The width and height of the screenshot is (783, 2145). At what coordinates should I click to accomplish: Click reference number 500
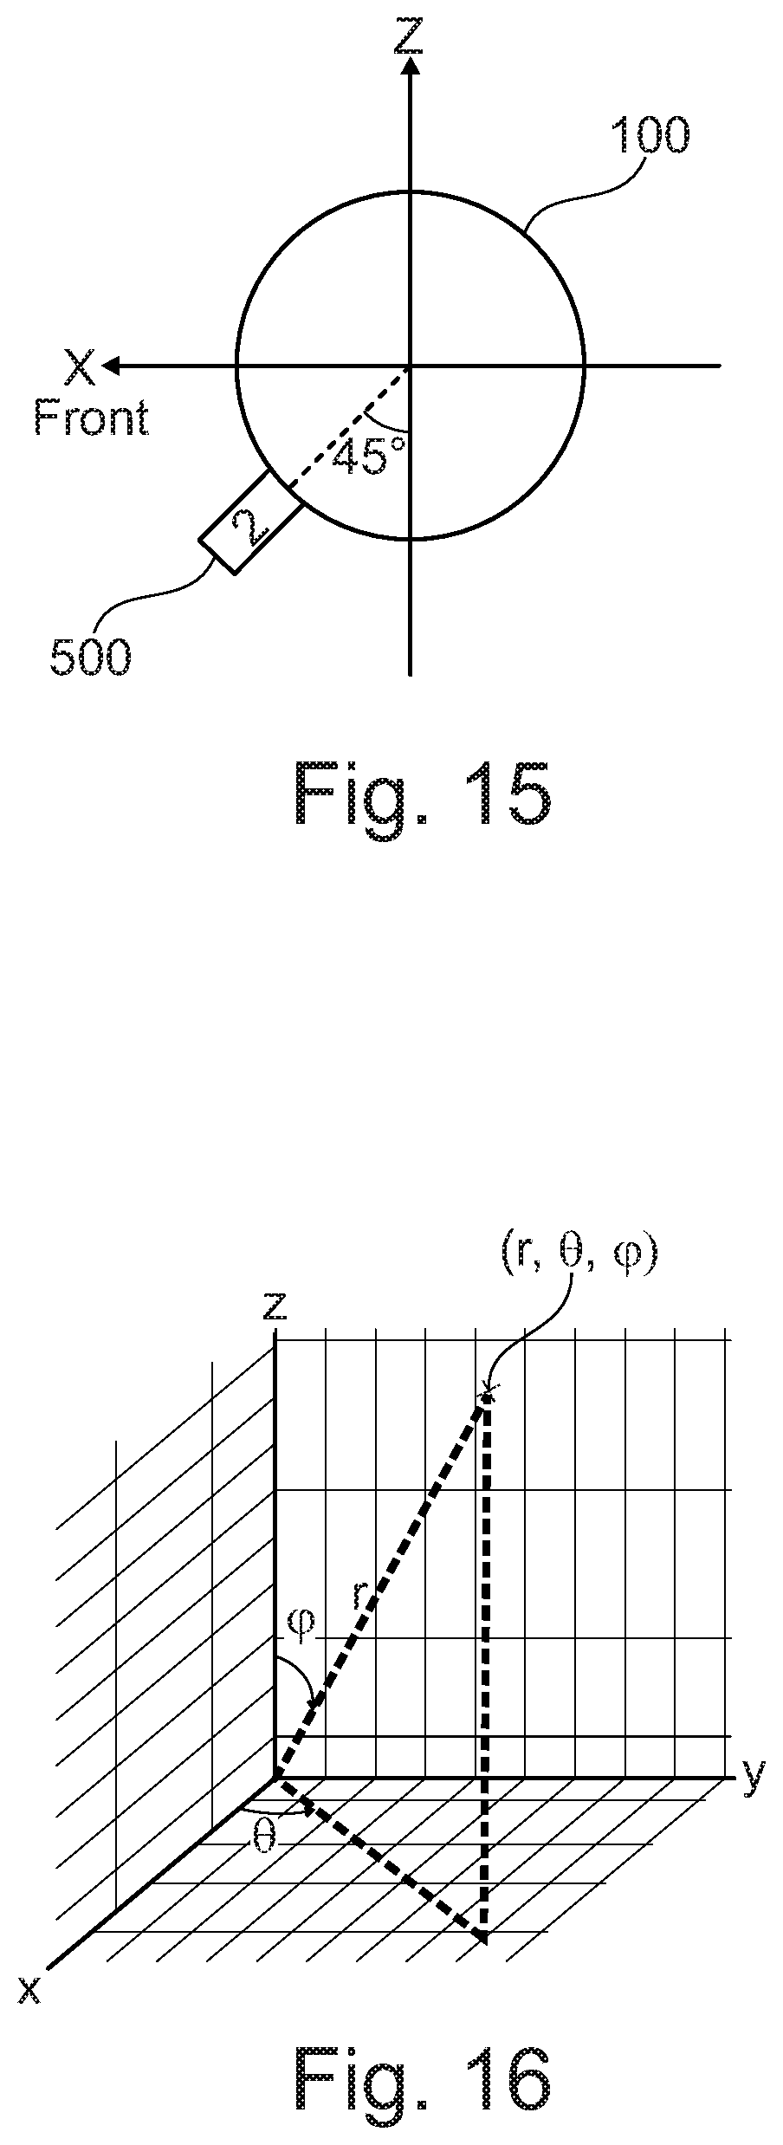click(x=90, y=658)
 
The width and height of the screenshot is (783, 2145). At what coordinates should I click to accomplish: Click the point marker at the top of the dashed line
click(x=487, y=1394)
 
